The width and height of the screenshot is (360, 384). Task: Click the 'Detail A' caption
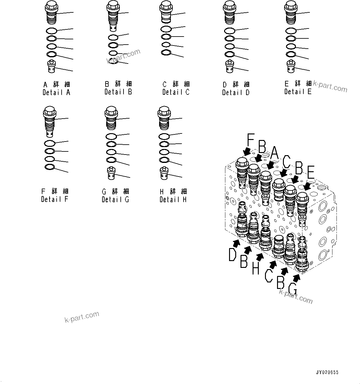56,92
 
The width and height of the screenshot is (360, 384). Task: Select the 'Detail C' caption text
176,92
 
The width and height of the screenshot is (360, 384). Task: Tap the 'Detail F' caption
54,199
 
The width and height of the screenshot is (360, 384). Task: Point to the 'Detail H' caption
173,200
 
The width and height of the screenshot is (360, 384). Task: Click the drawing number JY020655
327,372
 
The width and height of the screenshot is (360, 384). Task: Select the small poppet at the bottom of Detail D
229,67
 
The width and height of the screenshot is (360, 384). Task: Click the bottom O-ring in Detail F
50,167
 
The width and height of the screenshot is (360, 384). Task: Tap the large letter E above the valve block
310,172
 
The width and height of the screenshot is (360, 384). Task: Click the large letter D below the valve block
233,255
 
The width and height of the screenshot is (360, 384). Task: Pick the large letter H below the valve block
255,268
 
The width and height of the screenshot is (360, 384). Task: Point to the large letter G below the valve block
293,290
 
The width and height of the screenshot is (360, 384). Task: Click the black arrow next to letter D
236,243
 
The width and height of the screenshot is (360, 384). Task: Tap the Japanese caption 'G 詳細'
115,191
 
